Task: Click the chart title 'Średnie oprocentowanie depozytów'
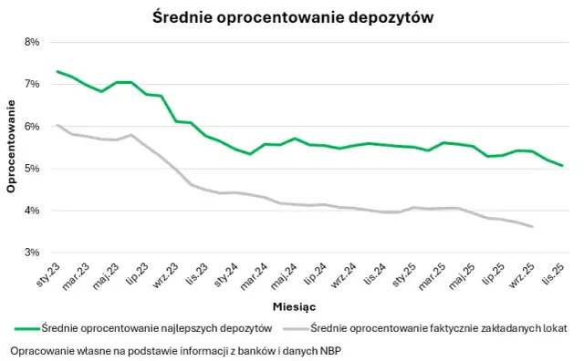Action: pos(292,17)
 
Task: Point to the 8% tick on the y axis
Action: pos(32,42)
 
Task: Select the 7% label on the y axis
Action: pos(32,84)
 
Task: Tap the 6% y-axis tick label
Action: pos(32,126)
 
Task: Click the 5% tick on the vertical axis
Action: pos(32,169)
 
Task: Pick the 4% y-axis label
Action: pos(32,211)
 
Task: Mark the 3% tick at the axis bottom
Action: pos(32,253)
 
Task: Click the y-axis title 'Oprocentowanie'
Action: pos(12,148)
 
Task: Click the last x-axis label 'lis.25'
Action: pos(547,274)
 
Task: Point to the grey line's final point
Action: pos(533,227)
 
